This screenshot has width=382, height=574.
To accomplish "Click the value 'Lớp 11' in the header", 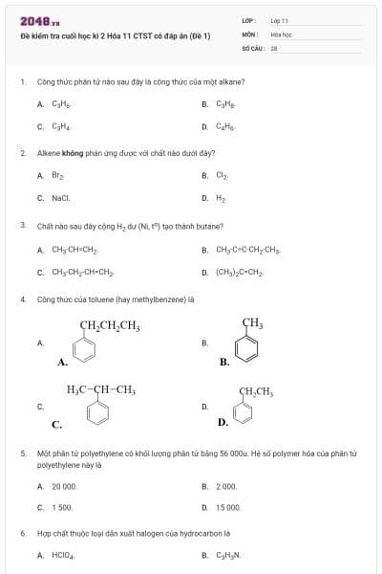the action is click(x=279, y=19).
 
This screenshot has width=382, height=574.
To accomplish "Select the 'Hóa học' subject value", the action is click(x=281, y=33).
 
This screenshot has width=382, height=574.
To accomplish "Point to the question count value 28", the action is click(x=273, y=46).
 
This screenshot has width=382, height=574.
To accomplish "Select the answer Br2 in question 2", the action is click(x=57, y=175).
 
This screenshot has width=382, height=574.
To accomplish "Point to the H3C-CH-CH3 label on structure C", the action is click(x=101, y=389).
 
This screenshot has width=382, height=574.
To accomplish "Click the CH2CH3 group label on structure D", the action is click(x=256, y=391).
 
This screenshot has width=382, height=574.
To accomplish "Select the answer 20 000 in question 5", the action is click(x=64, y=486).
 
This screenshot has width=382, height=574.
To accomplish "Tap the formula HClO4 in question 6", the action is click(x=61, y=554).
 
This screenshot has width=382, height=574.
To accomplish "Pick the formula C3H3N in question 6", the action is click(x=227, y=554).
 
